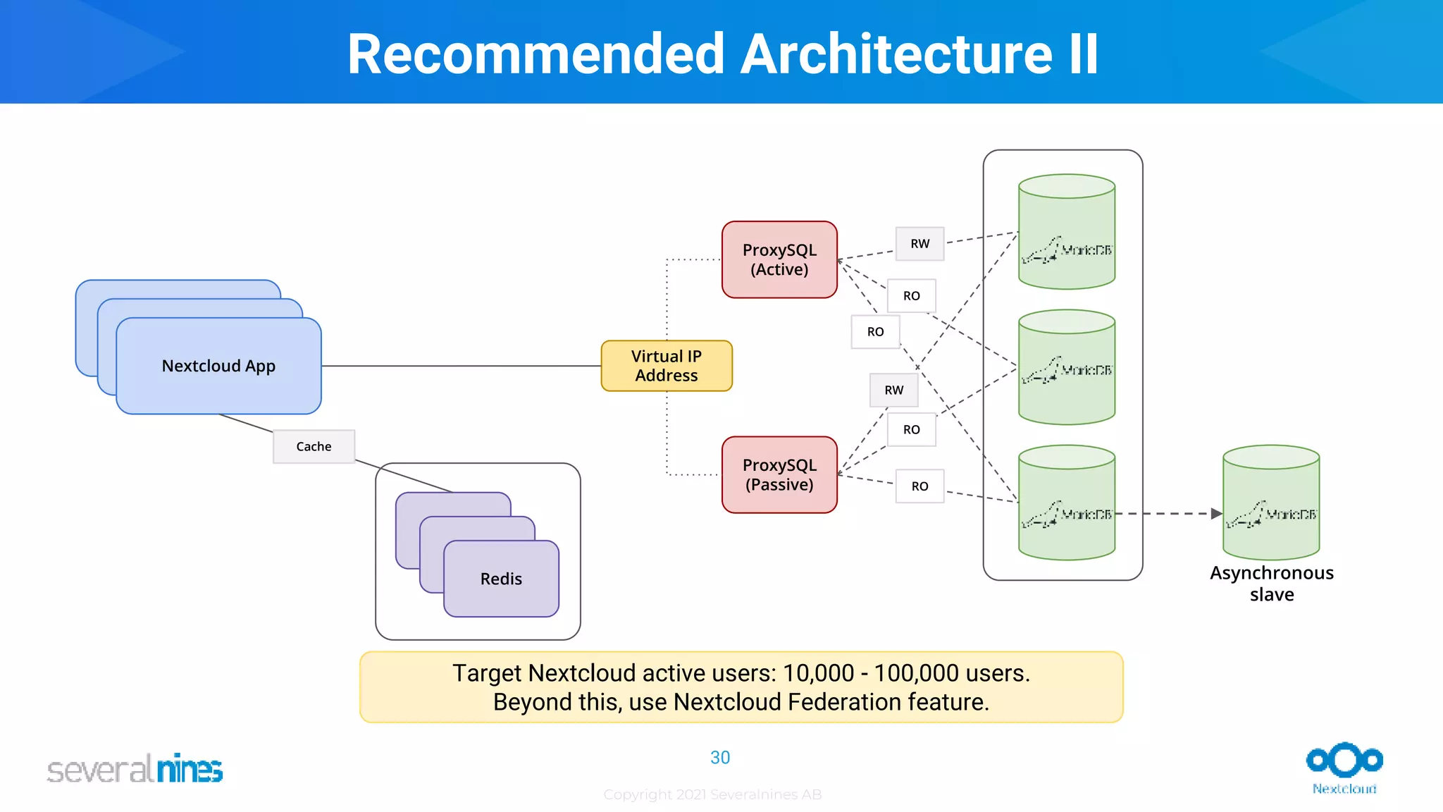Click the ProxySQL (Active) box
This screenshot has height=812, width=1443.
pos(779,259)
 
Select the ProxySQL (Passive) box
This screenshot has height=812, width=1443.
pos(779,474)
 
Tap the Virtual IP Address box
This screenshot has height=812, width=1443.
pos(667,366)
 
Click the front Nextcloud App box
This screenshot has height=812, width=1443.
pos(218,366)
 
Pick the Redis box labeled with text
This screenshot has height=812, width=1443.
pos(501,579)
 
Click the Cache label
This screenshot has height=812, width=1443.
pos(314,446)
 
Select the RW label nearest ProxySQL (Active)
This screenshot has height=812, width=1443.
pos(919,244)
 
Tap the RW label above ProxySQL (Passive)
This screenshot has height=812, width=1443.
pos(893,390)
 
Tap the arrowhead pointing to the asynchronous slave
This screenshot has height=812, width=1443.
pos(1217,514)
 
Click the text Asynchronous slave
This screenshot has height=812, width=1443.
pos(1272,584)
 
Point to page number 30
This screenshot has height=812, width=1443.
pos(720,758)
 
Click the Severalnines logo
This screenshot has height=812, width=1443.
pos(135,768)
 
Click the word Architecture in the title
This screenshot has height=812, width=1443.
pos(897,54)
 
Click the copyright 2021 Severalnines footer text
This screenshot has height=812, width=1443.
pos(712,794)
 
